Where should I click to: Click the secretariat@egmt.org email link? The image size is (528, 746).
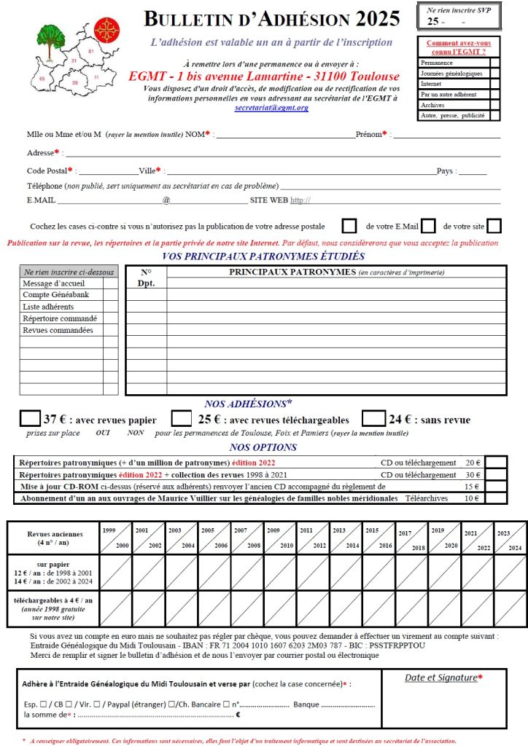[271, 108]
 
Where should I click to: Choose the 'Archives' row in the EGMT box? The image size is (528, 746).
[432, 105]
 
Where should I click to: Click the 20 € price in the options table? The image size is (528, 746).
[473, 463]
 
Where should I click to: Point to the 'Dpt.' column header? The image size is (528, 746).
[146, 284]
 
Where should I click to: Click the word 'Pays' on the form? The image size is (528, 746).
[446, 170]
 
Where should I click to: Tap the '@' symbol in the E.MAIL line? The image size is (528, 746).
[166, 200]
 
